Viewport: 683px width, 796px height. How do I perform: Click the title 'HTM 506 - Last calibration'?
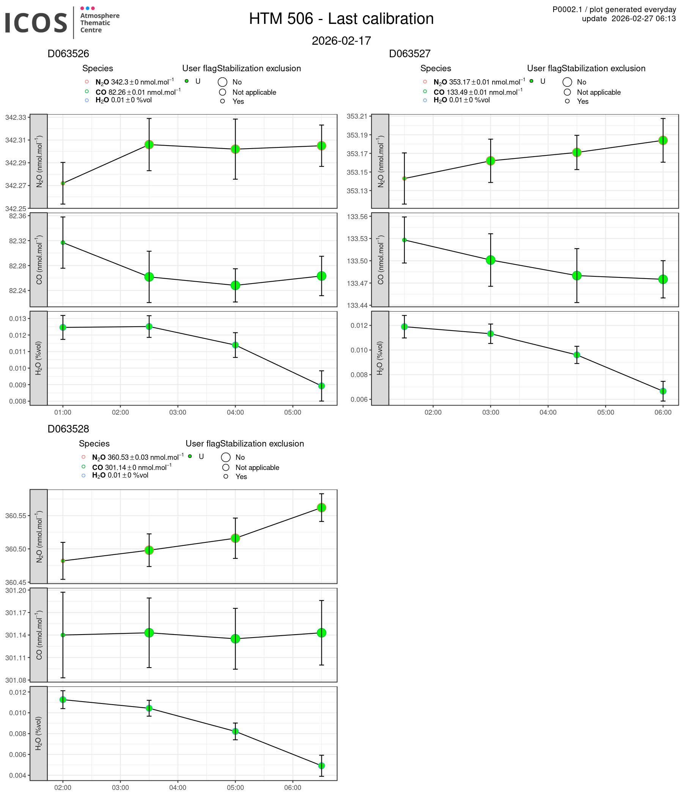tap(341, 19)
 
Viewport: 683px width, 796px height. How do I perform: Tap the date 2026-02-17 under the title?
tap(341, 41)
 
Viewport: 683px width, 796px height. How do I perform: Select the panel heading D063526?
tap(68, 54)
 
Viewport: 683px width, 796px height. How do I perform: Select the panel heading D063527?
tap(409, 54)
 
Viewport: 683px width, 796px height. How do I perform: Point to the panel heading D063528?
tap(68, 429)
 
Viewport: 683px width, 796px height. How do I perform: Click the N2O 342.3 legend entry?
tap(134, 82)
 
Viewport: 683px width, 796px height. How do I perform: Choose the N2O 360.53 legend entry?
tap(137, 457)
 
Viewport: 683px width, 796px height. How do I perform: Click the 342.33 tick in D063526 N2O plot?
tap(16, 117)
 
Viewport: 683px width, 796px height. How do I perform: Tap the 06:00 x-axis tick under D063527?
tap(663, 413)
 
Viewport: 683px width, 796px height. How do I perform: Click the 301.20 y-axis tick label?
tap(16, 590)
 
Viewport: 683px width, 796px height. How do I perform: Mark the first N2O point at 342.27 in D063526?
tap(63, 183)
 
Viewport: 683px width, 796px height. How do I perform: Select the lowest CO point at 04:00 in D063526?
tap(235, 285)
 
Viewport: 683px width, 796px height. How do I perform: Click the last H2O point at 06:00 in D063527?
tap(663, 391)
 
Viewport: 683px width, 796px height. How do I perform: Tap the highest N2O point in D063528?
tap(321, 508)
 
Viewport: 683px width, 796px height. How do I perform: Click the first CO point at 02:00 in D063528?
tap(63, 635)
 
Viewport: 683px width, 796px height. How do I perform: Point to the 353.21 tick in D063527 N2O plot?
tap(357, 116)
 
